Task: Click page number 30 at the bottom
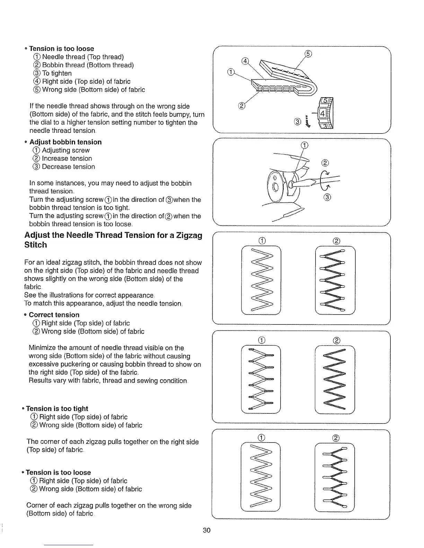click(x=207, y=530)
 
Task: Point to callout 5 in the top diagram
click(x=308, y=54)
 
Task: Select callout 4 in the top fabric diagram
click(x=245, y=62)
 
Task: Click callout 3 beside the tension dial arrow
click(x=297, y=121)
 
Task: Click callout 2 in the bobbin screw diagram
click(x=325, y=163)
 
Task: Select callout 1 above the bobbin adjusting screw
click(x=304, y=145)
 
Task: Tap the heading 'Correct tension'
click(x=54, y=315)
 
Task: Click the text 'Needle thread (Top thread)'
click(x=82, y=57)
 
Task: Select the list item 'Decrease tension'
click(x=68, y=167)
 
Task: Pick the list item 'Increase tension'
click(x=67, y=158)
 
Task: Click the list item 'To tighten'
click(x=57, y=73)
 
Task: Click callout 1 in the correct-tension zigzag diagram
click(x=262, y=241)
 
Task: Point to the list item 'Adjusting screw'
click(x=65, y=150)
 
